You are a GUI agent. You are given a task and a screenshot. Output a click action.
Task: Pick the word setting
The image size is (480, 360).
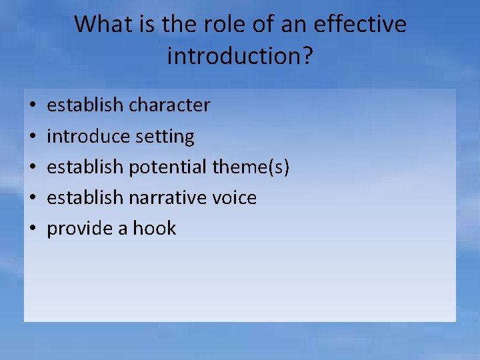point(165,137)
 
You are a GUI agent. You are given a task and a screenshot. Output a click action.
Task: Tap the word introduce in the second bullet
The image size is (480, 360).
point(88,136)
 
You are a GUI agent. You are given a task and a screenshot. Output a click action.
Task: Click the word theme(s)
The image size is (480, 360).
point(251,167)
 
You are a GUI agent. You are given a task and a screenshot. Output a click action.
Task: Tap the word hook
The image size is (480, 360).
point(154,228)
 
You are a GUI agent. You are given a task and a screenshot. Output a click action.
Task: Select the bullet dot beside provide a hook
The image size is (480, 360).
point(32,229)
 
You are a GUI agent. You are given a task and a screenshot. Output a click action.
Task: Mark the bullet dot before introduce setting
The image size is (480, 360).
point(32,137)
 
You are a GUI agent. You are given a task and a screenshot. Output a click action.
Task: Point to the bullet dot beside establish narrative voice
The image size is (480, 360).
point(32,198)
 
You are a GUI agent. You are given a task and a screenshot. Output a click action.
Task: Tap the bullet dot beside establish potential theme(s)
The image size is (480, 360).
point(32,167)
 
